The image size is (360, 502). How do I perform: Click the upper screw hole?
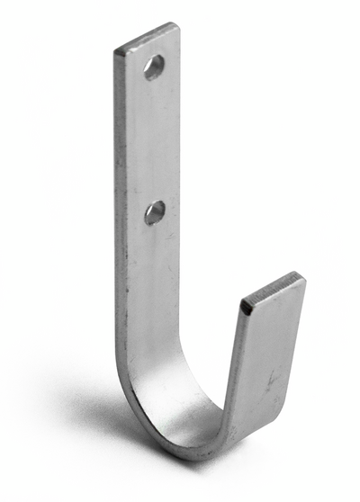click(154, 67)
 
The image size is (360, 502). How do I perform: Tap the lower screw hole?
click(155, 212)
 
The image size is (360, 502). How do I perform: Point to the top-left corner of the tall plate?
click(115, 50)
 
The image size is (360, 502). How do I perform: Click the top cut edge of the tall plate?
click(147, 39)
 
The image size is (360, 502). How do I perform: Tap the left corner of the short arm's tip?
click(242, 309)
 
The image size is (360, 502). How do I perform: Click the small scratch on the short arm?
click(270, 381)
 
